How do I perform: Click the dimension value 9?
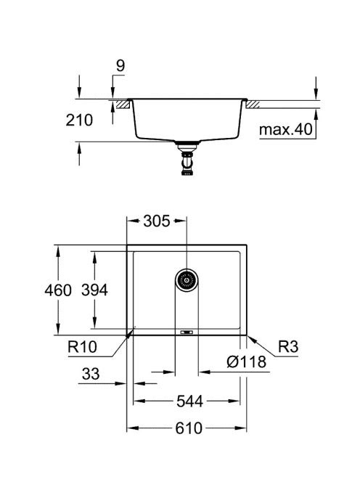[x=120, y=65]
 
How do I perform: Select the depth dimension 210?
[x=79, y=120]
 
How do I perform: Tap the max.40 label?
[x=285, y=130]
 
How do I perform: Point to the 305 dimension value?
[x=157, y=221]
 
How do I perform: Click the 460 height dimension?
[x=58, y=290]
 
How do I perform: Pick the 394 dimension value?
[x=94, y=290]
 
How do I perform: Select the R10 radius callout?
[x=82, y=347]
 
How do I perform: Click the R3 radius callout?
[x=288, y=347]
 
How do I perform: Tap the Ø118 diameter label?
[x=246, y=361]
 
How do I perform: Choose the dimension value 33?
[x=91, y=374]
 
